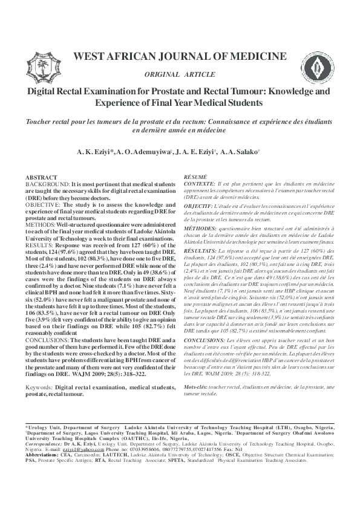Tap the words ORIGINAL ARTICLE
coord(180,74)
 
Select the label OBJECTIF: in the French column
coord(198,207)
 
